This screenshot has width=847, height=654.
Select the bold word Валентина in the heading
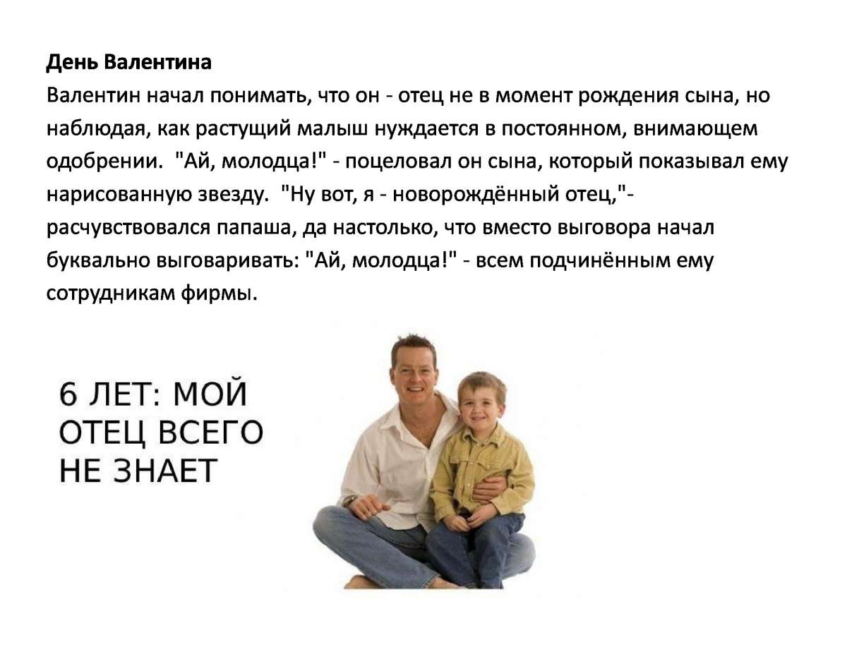click(158, 62)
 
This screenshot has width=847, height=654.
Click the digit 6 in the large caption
click(68, 394)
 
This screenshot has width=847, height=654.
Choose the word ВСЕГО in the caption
click(211, 432)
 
